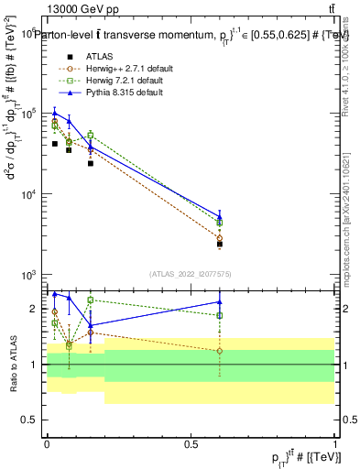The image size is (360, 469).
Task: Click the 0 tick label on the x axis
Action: (47, 443)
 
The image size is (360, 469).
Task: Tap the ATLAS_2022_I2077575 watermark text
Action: (191, 273)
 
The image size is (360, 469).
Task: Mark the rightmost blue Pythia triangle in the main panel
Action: (220, 217)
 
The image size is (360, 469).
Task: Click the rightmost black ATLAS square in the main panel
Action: (220, 245)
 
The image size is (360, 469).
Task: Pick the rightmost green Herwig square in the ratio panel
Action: (220, 315)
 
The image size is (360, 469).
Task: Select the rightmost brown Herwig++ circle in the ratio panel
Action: (220, 351)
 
